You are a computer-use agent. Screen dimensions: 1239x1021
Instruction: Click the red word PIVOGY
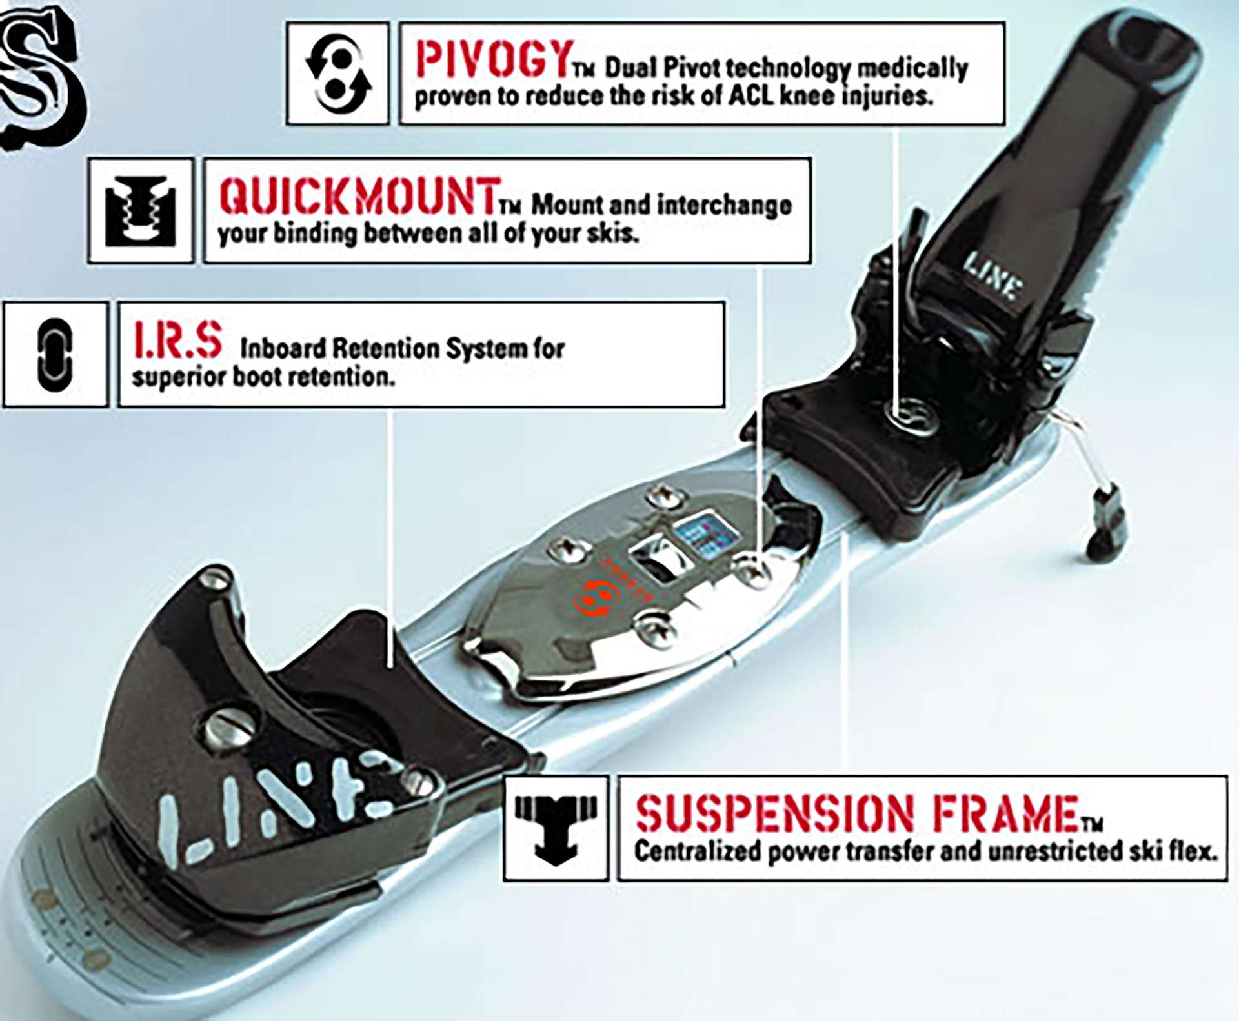coord(494,59)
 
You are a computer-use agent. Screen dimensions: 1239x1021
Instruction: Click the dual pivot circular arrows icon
coord(338,73)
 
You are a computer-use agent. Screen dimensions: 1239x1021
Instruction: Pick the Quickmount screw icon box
coord(141,210)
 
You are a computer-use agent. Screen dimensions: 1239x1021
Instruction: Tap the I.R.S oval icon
coord(55,355)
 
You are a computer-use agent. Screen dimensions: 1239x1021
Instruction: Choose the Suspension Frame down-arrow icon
coord(556,829)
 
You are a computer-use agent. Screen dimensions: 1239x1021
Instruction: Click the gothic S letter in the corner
coord(42,74)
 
